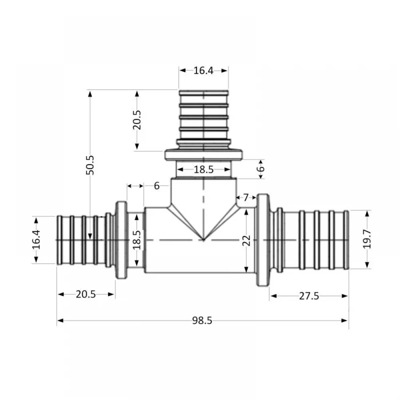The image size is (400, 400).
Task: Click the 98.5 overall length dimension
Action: point(202,321)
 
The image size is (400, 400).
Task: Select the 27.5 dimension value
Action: point(309,296)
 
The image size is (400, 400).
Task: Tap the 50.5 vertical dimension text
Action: point(90,165)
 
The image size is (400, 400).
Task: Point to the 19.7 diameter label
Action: point(367,239)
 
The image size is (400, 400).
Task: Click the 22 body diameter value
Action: point(246,240)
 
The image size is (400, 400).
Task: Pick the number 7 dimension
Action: point(246,198)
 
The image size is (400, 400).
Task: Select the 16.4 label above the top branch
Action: point(203,71)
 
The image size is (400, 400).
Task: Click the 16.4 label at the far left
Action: point(36,240)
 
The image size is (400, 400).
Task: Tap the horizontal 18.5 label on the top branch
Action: point(204,169)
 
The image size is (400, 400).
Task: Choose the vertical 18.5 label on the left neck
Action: point(137,240)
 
